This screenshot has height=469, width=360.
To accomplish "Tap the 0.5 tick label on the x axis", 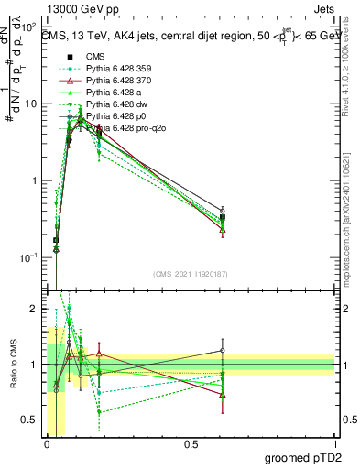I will coord(191,445).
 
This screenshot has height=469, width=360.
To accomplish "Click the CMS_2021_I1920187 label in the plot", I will coord(190,273).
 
